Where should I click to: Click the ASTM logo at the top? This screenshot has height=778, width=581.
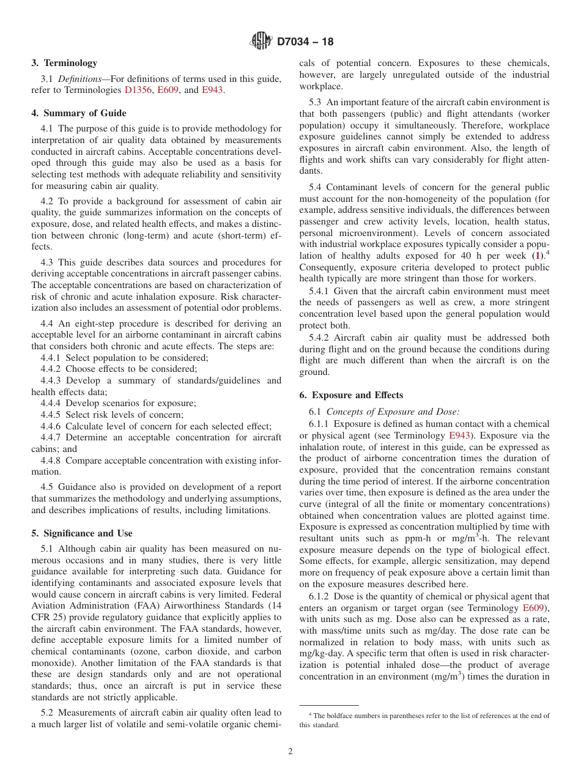(x=261, y=42)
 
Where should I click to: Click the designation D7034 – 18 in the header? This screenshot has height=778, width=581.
(x=305, y=42)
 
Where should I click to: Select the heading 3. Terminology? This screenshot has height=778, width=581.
(x=64, y=63)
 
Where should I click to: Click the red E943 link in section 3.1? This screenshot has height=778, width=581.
(x=212, y=90)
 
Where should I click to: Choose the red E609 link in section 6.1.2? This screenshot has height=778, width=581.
(x=535, y=608)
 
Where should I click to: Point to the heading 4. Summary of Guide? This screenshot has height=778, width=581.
(x=79, y=113)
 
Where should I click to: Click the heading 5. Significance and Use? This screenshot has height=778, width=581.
(x=82, y=533)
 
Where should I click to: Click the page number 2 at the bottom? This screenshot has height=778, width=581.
(x=290, y=752)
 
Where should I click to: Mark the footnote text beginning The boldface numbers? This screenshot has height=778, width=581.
(x=422, y=720)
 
